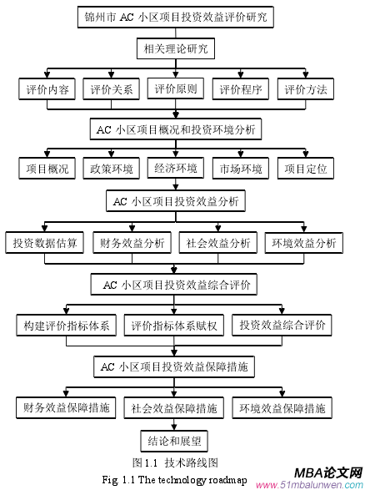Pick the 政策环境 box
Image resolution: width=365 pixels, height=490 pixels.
click(x=111, y=169)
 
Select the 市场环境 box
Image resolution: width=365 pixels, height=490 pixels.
click(x=240, y=169)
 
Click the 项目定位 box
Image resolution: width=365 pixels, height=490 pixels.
click(x=306, y=169)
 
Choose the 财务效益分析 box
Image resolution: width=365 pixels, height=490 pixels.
click(x=131, y=243)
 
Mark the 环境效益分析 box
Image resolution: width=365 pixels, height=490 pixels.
click(x=303, y=243)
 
